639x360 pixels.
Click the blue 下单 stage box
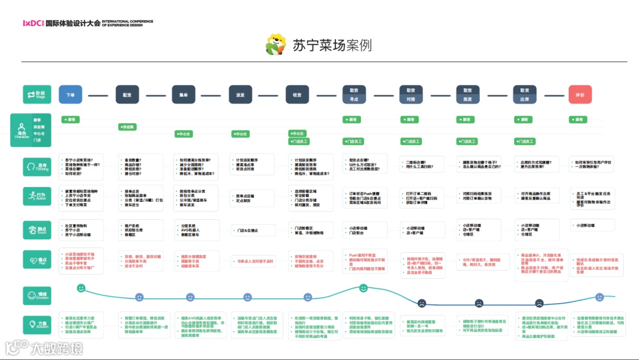(x=70, y=95)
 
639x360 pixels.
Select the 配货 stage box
(x=127, y=95)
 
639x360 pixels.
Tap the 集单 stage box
(x=183, y=95)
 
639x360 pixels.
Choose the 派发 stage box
(x=240, y=95)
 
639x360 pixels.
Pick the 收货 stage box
(x=297, y=95)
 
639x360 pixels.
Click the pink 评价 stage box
(x=580, y=95)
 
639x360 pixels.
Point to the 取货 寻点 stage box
(x=354, y=95)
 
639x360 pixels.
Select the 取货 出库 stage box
(x=524, y=95)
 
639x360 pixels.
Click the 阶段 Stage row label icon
(x=37, y=95)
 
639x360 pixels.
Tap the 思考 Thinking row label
(x=37, y=166)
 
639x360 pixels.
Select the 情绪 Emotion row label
(x=37, y=295)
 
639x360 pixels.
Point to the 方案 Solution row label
(x=37, y=324)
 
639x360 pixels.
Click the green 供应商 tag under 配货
(x=127, y=127)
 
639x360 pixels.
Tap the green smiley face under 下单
(x=81, y=288)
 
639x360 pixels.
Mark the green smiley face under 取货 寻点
(x=364, y=288)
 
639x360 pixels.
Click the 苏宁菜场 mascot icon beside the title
(x=276, y=44)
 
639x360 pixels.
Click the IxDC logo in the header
(x=33, y=23)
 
